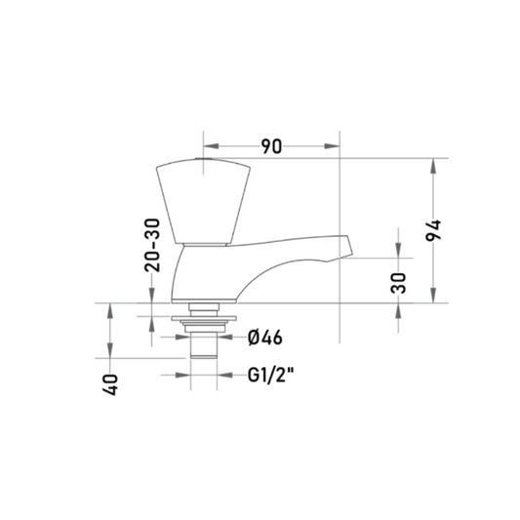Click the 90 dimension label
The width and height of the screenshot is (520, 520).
(x=271, y=146)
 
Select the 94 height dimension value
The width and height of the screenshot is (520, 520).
(x=433, y=230)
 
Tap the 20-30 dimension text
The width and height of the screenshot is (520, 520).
(x=152, y=245)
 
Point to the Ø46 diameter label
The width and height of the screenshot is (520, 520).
(x=265, y=338)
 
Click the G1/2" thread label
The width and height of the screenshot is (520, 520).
(x=271, y=375)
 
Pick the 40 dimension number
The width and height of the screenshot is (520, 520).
(x=110, y=384)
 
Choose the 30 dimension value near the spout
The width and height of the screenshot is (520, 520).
(x=398, y=283)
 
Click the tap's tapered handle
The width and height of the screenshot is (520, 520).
(x=203, y=201)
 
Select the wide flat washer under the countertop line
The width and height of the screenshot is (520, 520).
(x=204, y=318)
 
